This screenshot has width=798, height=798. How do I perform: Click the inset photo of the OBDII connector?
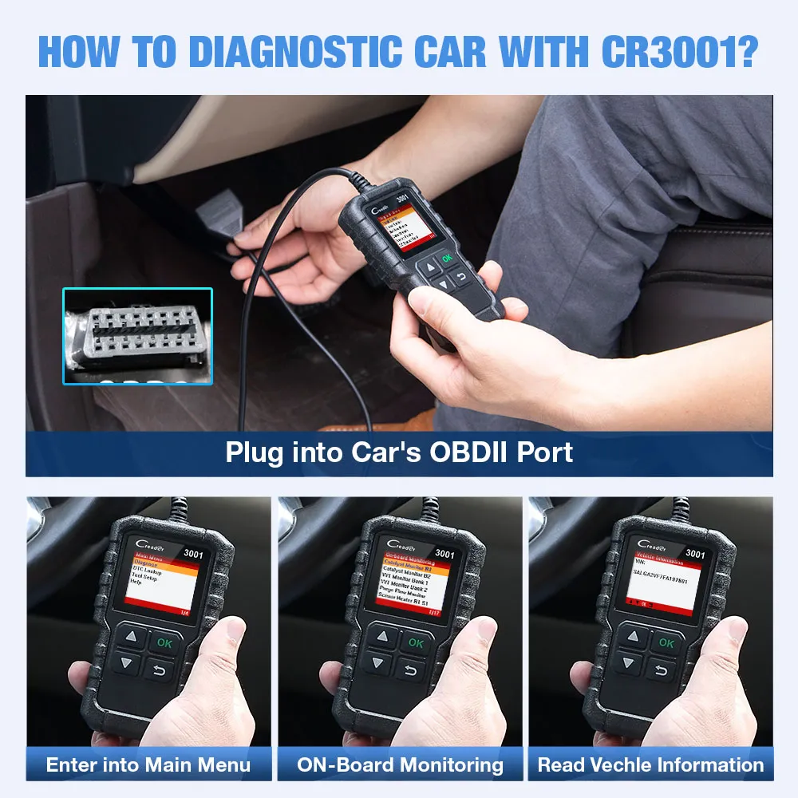click(138, 336)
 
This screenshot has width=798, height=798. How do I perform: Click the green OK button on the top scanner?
click(446, 258)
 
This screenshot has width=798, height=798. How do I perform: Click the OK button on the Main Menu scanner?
click(164, 642)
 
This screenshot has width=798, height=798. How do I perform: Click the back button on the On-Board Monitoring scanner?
click(413, 669)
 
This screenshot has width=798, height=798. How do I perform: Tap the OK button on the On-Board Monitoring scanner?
click(416, 642)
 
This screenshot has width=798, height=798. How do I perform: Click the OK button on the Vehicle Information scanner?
click(666, 642)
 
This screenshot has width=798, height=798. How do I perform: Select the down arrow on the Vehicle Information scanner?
click(628, 663)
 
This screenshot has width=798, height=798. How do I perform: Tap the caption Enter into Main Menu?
click(148, 764)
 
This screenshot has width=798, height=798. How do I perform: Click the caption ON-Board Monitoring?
click(400, 764)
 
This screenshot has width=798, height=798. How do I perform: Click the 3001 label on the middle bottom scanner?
click(444, 553)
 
